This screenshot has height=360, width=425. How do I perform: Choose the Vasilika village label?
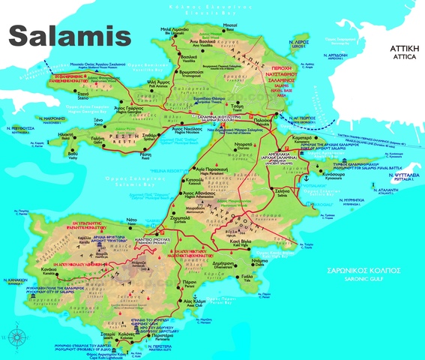point(190,59)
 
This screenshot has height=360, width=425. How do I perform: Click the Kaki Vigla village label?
point(241,242)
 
